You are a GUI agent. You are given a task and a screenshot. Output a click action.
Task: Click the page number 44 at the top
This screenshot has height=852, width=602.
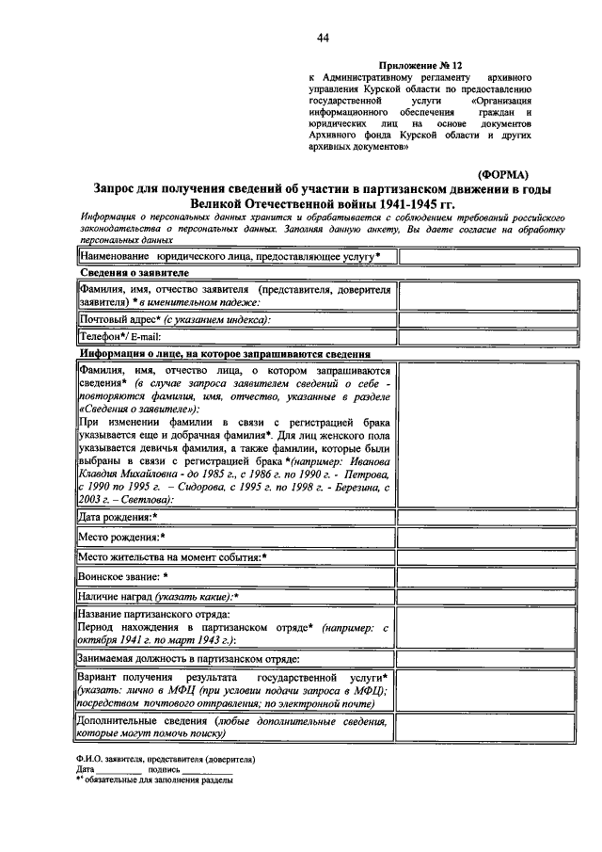pyautogui.click(x=323, y=38)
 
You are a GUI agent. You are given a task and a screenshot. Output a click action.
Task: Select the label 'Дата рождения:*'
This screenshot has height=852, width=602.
pyautogui.click(x=119, y=518)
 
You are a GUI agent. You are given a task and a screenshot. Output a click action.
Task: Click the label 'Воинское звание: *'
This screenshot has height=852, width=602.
pyautogui.click(x=124, y=576)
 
